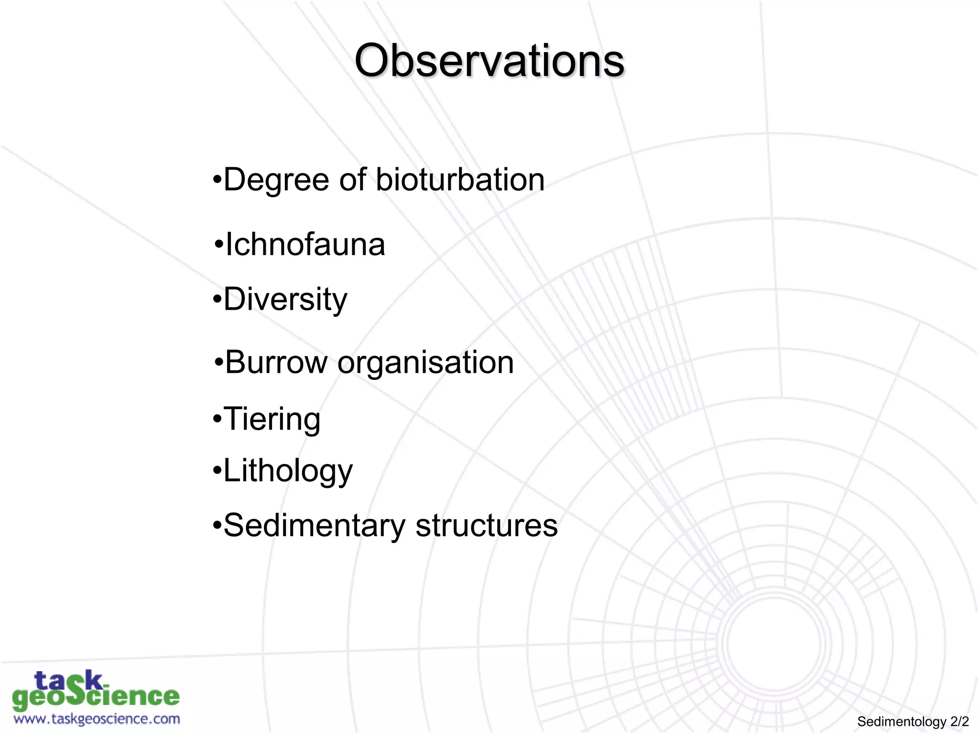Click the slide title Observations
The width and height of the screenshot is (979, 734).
coord(489,61)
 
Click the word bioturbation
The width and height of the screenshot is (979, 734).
coord(460,180)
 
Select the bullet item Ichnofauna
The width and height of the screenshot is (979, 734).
coord(305,245)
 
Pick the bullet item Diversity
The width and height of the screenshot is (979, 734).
coord(285,300)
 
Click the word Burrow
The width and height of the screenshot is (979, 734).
coord(276,362)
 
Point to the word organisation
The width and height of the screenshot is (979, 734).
coord(425,363)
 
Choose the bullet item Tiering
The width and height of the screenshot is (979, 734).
coord(272,419)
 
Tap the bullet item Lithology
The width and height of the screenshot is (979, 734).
coord(288,471)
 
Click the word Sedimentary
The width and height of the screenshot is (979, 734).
coord(314,526)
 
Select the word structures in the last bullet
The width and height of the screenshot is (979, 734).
coord(486,526)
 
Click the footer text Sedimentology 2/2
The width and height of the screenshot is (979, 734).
coord(913,721)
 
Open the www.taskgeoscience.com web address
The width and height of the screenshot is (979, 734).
coord(97,719)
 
